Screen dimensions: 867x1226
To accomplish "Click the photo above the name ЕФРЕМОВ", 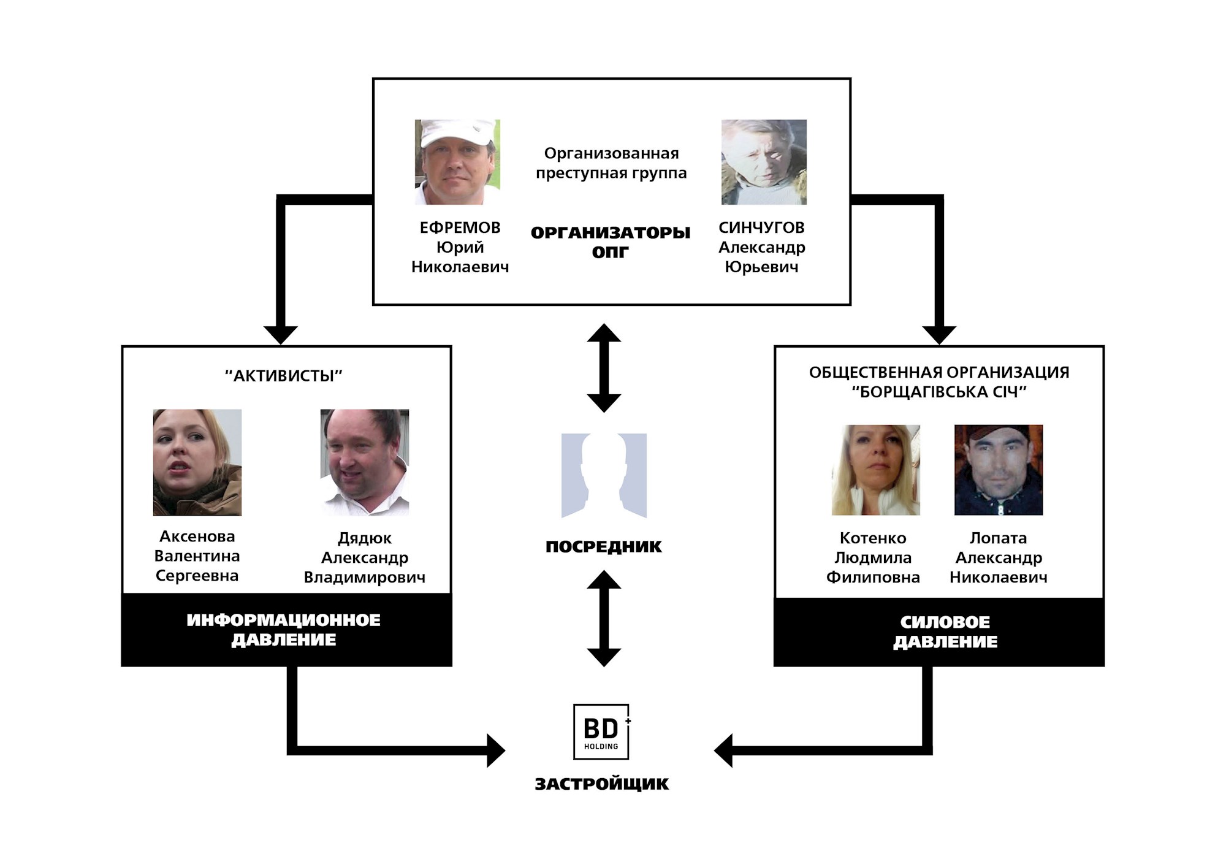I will point(457,162).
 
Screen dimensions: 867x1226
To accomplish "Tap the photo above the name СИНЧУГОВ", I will point(764,162).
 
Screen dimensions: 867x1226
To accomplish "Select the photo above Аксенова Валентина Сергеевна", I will point(197,462).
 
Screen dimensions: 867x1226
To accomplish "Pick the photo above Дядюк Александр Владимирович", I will point(365,462).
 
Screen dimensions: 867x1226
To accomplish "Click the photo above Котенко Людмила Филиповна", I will point(875,470).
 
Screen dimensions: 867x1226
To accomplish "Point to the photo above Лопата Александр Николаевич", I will point(999,470).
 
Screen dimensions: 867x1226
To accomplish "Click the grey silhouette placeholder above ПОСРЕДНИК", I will point(604,476).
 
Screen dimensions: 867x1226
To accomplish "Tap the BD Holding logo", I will point(601,731).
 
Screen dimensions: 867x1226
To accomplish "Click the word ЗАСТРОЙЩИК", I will point(602,784).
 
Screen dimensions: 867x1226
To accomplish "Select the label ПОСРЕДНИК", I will point(604,547).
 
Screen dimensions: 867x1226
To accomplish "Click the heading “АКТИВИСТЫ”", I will point(284,376).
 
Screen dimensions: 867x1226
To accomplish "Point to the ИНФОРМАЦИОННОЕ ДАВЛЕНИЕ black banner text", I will point(284,630).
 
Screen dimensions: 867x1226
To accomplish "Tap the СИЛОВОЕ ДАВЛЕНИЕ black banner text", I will point(945,632).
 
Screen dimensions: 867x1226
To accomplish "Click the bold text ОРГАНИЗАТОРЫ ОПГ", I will point(611,242).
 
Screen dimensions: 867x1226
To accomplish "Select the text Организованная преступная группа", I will point(611,163).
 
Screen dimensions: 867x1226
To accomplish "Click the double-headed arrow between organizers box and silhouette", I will point(604,368).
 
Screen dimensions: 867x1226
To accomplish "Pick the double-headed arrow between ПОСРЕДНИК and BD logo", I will point(604,618).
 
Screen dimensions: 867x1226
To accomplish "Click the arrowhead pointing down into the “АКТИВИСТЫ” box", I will point(281,335).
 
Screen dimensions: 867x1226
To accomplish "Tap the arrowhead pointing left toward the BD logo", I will point(725,750).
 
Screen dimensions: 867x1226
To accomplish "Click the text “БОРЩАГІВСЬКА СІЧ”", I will point(939,392).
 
